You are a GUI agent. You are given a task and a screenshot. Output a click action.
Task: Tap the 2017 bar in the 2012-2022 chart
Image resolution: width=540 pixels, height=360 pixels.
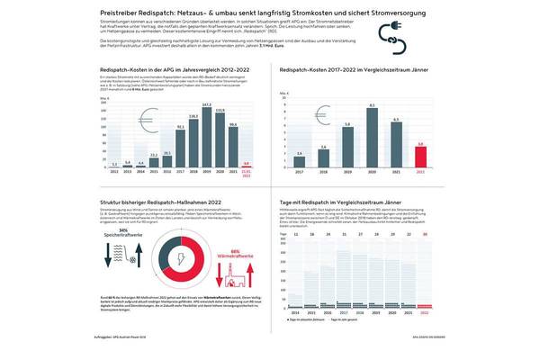pos(180,147)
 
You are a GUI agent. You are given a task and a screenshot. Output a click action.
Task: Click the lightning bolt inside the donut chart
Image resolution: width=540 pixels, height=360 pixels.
pos(184,256)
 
